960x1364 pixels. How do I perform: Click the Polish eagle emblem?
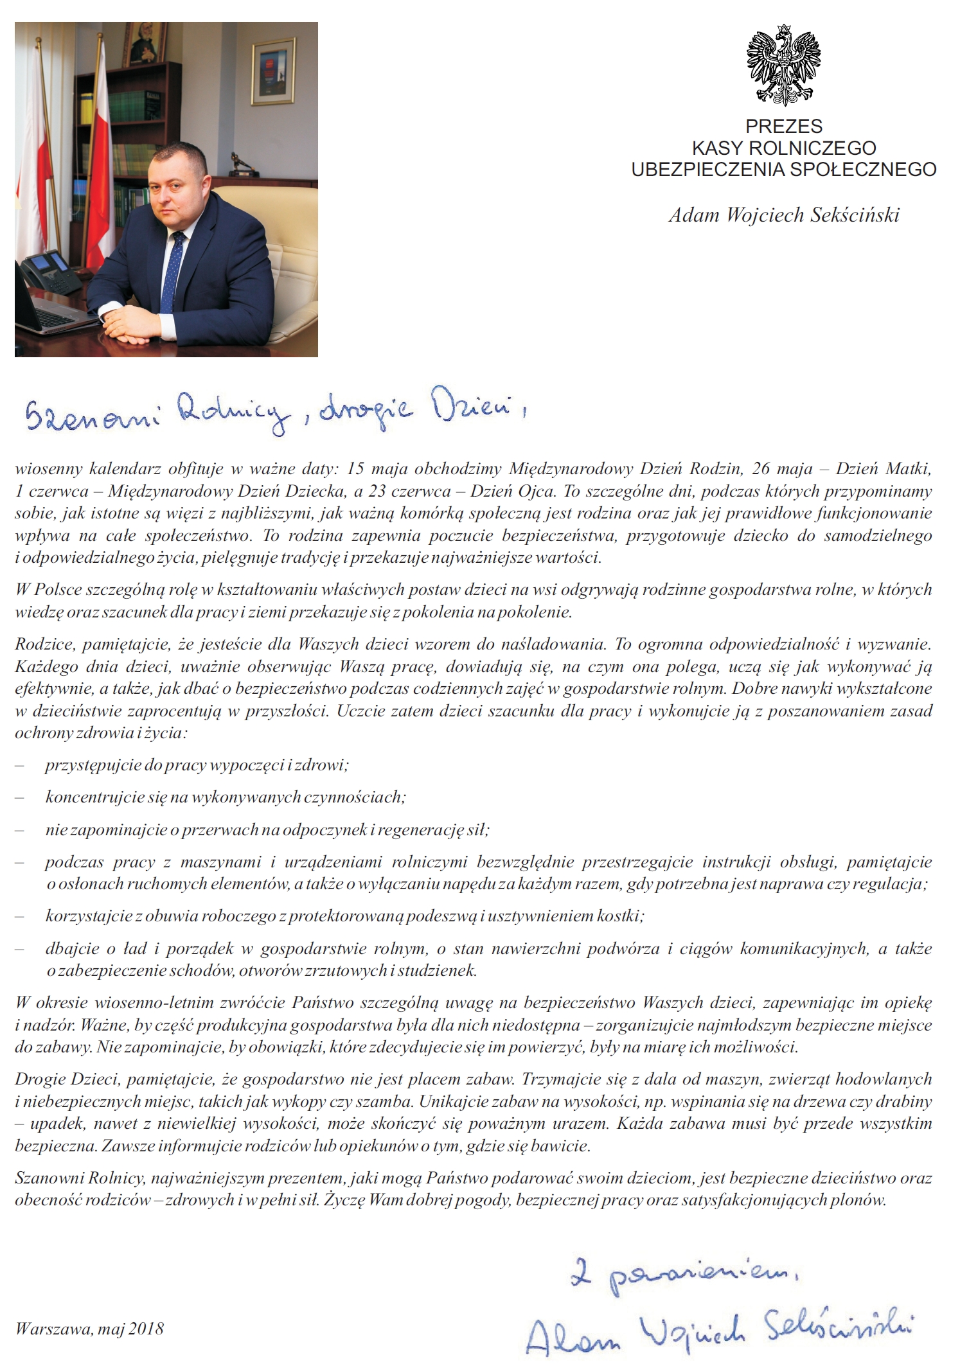783,65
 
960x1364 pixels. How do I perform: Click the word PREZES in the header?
784,127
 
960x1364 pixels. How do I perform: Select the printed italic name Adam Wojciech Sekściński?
784,215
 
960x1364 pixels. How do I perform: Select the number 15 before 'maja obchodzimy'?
355,469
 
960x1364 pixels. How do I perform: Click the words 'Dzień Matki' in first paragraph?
884,469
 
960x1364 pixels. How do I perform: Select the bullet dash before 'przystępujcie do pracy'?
19,765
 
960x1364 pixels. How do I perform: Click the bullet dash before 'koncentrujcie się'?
19,797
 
